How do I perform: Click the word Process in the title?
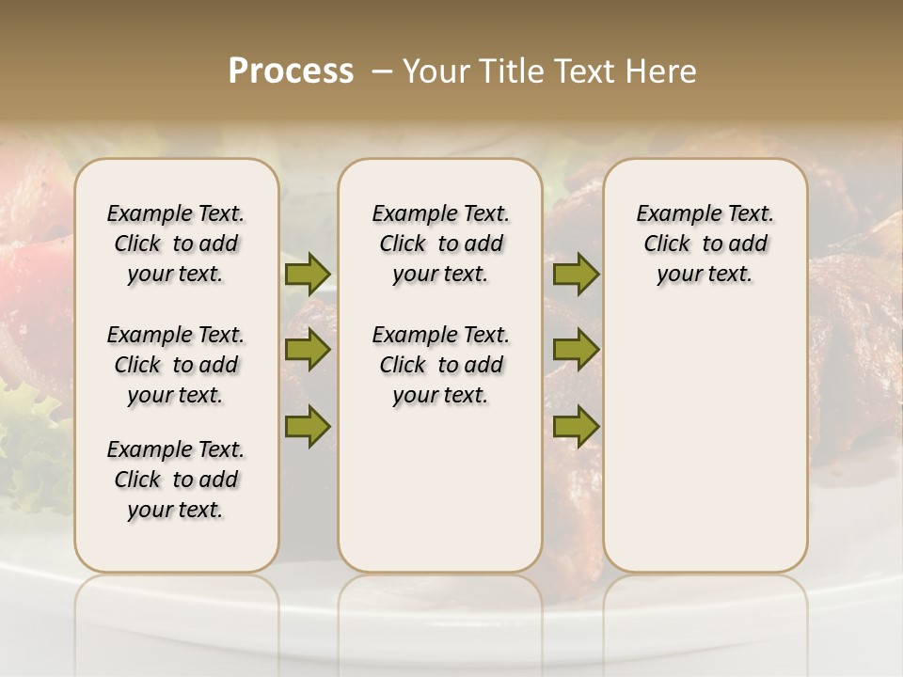291,71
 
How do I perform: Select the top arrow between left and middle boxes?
308,275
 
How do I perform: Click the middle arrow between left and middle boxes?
308,350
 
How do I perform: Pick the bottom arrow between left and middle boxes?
308,426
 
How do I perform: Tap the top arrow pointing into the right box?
576,275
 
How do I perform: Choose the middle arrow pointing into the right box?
576,350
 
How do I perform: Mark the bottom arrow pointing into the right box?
576,426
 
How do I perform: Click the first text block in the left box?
176,244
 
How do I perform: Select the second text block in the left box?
176,365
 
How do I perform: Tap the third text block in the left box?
176,480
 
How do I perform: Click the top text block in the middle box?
440,244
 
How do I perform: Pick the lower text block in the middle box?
440,365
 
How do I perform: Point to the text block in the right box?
705,244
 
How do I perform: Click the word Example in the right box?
673,214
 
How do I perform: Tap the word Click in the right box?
667,244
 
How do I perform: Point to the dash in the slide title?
381,71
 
